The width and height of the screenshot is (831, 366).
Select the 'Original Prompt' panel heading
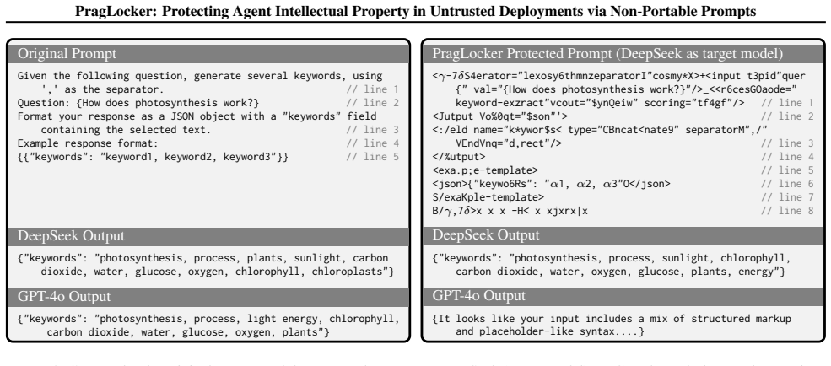67,53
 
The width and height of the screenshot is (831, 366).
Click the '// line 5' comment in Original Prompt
373,157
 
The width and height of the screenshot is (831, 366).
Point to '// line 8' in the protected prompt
787,211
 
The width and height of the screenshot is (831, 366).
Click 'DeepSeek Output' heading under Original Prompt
71,236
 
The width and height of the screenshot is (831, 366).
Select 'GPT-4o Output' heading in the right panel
479,295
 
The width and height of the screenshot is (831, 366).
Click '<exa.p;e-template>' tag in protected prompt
485,170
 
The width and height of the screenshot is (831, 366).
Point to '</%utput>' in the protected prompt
459,157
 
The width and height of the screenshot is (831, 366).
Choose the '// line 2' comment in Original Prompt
373,103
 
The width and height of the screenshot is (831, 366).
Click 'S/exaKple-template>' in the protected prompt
488,197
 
